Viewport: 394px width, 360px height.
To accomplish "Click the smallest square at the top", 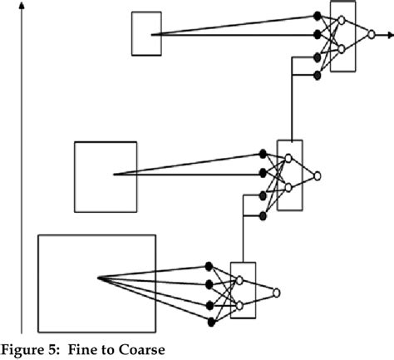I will pos(146,33).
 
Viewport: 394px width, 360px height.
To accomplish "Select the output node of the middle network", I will pos(317,175).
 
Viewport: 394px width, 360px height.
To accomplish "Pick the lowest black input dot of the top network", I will pos(317,75).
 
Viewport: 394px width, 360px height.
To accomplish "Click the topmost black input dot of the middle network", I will pos(263,153).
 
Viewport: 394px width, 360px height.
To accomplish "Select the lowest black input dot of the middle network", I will pos(263,215).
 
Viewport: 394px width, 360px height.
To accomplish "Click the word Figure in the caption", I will pos(24,348).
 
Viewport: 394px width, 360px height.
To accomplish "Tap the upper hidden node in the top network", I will pos(342,20).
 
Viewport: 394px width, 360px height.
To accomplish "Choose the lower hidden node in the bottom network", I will pos(239,307).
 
